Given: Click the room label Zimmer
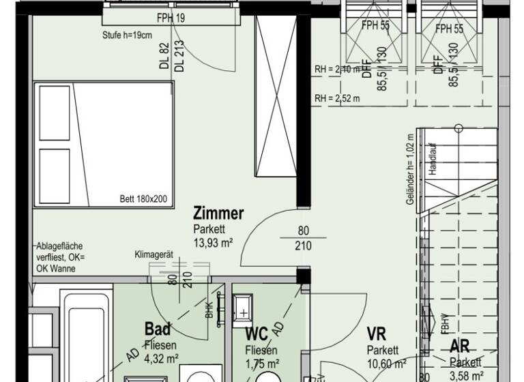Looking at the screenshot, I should (218, 214).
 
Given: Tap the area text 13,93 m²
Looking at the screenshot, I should (213, 242).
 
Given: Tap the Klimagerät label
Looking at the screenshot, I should (154, 255).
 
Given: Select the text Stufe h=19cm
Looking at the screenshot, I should (127, 35).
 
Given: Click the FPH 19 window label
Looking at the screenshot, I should (170, 19).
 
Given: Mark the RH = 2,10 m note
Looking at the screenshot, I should (337, 70).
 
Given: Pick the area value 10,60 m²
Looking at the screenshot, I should (386, 363).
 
